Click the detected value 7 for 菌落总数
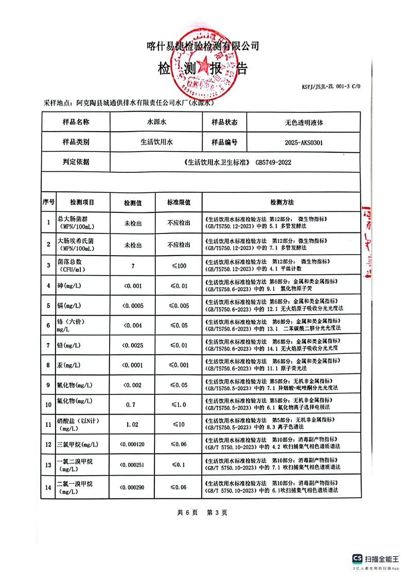coord(133,266)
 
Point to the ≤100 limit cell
coord(179,266)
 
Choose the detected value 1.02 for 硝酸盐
coord(133,425)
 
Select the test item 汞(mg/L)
coord(68,365)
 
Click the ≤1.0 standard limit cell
coord(179,405)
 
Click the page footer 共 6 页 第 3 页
coord(202,512)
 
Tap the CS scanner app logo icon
coord(357,558)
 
